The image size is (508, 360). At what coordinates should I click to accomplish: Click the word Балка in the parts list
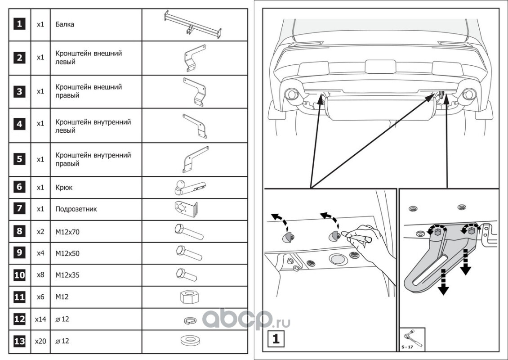65,24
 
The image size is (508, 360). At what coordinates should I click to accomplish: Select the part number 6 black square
19,187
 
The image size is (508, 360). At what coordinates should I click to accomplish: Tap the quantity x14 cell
40,319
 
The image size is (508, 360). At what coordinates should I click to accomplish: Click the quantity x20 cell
40,342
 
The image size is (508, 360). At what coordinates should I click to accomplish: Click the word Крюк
64,187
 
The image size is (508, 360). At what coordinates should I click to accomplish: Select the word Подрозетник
76,209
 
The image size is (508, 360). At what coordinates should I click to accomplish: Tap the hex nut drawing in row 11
189,297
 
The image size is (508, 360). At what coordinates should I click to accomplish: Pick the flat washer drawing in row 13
191,341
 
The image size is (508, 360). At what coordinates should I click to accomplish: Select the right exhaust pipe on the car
469,94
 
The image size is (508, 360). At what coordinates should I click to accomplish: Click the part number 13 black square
19,342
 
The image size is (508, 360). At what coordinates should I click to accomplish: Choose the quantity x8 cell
40,275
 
